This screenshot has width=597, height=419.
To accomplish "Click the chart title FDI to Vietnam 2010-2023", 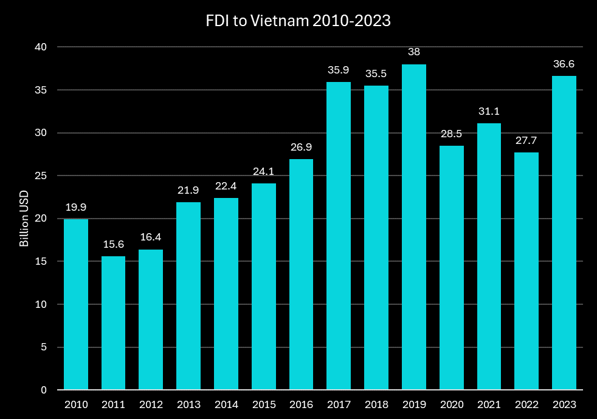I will click(x=298, y=21).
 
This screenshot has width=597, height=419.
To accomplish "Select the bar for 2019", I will click(x=413, y=227).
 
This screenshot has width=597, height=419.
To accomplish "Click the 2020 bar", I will click(x=451, y=268).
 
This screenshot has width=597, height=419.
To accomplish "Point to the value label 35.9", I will click(x=339, y=70).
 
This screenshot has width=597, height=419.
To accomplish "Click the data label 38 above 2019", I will click(x=413, y=52).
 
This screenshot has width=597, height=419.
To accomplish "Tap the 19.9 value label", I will click(x=76, y=207).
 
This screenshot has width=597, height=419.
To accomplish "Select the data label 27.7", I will click(x=526, y=140).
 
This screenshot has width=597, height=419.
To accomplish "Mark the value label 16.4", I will click(x=151, y=237).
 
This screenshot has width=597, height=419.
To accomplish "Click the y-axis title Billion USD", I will click(x=25, y=219).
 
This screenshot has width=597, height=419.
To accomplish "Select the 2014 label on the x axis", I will click(x=226, y=404).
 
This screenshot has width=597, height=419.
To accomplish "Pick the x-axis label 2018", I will click(x=376, y=404).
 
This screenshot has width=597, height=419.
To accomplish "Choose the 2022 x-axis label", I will click(x=526, y=404).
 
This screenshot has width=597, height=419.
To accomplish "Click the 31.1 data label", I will click(x=489, y=111).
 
